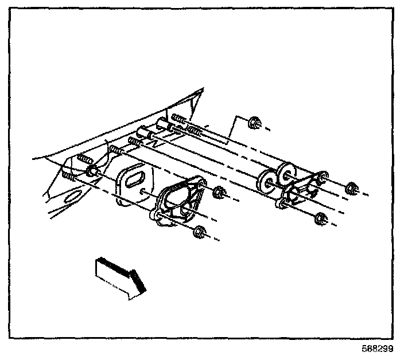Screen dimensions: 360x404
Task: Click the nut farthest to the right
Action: click(x=351, y=189)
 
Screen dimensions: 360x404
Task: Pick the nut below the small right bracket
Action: click(x=321, y=218)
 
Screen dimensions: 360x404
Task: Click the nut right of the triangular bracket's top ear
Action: click(x=219, y=193)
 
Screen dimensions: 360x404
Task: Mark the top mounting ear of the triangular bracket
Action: click(x=197, y=183)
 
